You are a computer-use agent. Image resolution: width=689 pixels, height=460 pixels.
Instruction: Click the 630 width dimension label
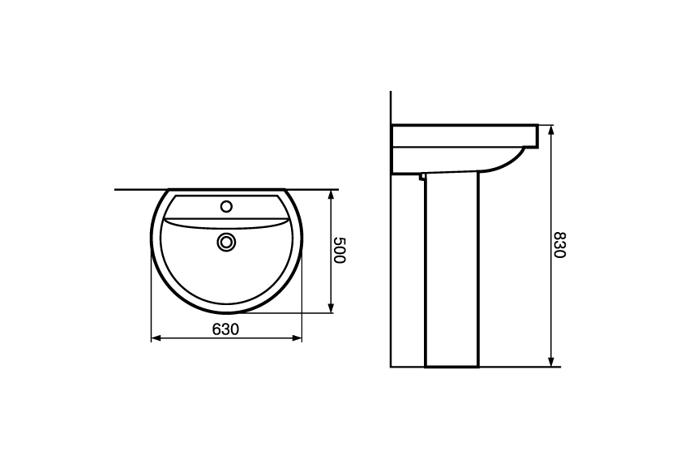click(226, 329)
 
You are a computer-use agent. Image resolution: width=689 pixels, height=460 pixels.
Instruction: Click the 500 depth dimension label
click(340, 250)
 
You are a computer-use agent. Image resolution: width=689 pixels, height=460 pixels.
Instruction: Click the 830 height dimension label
click(559, 244)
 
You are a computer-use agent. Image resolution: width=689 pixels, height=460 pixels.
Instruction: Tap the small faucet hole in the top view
click(227, 206)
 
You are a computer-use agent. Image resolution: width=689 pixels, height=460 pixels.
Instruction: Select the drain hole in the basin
click(227, 242)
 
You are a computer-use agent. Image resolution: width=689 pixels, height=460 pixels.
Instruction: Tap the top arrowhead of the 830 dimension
click(551, 131)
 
